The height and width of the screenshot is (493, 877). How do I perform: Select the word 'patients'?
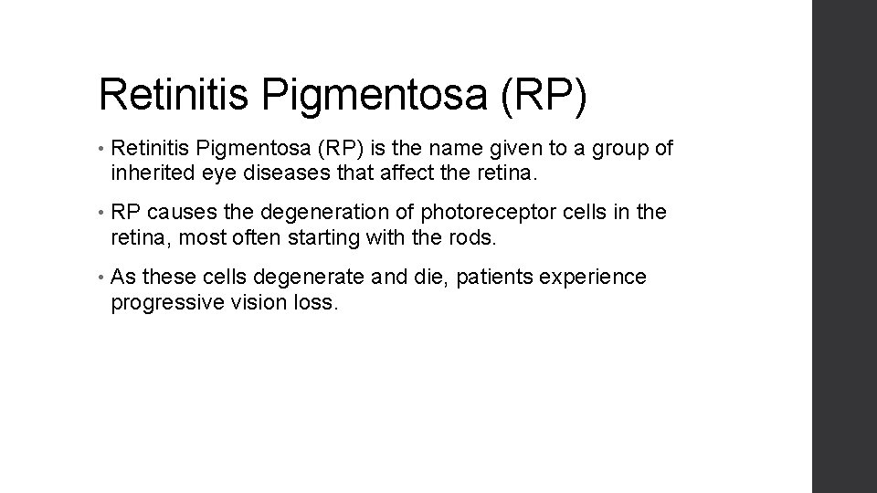[490, 277]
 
